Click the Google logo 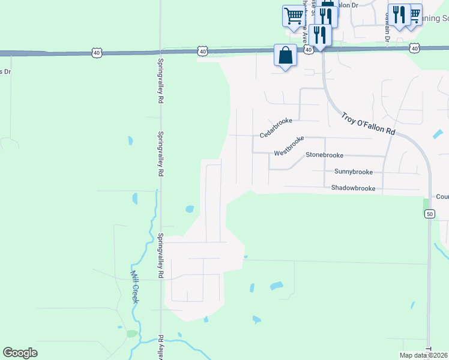(x=20, y=353)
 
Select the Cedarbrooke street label (x=276, y=127)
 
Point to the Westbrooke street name (x=289, y=146)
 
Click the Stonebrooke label (x=324, y=155)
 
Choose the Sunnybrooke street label (x=354, y=172)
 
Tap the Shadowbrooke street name (x=353, y=188)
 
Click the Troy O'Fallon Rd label (x=369, y=123)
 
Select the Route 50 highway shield (x=429, y=214)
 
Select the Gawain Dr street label (x=386, y=33)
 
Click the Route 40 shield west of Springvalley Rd (x=97, y=53)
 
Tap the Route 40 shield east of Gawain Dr (x=414, y=47)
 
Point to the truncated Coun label (x=442, y=197)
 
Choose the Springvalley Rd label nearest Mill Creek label (x=161, y=256)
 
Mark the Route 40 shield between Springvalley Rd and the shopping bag (x=203, y=52)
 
